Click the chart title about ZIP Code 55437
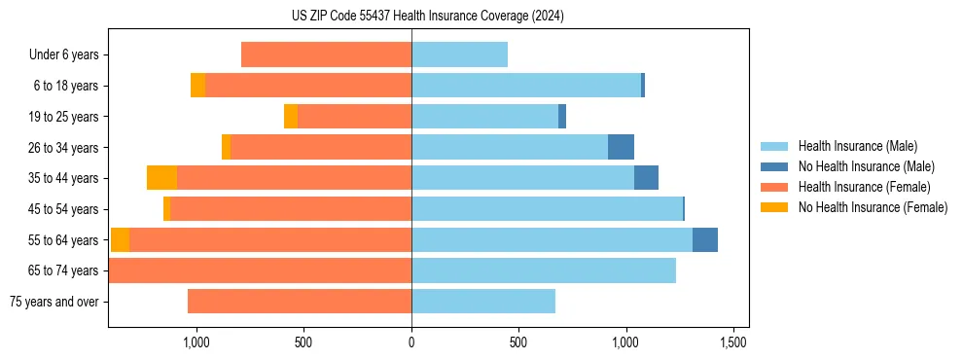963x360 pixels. pos(428,16)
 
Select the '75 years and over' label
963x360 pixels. pos(54,302)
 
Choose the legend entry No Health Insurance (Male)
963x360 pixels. pos(865,166)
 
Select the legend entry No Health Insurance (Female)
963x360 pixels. pos(872,207)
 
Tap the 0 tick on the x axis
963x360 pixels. pos(411,342)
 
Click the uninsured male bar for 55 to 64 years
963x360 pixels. pos(705,239)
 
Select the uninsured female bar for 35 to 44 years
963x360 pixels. pos(161,178)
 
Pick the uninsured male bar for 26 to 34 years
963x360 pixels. pos(621,147)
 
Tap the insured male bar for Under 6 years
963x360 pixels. pos(459,55)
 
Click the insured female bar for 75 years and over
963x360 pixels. pos(300,302)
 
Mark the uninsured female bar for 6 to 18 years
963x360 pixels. pos(197,86)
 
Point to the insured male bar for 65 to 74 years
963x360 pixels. pos(544,270)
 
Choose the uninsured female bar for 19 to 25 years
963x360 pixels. pos(291,117)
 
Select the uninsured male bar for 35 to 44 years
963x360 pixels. pos(646,178)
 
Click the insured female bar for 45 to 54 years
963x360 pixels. pos(291,209)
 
